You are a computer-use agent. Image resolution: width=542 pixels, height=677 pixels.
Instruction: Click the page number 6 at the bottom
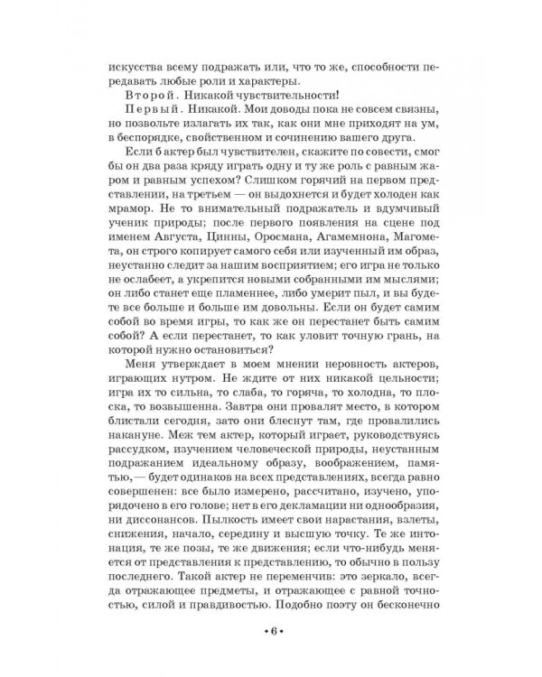[x=270, y=631]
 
